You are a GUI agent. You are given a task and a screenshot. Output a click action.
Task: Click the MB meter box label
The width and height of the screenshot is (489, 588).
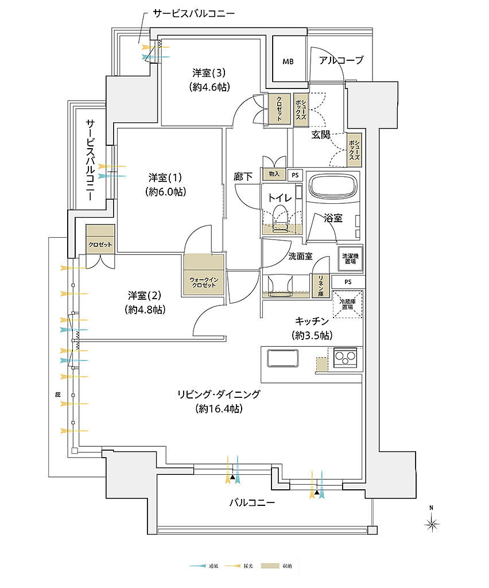(287, 61)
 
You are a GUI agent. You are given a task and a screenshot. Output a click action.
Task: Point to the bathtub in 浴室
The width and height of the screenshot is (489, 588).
(333, 188)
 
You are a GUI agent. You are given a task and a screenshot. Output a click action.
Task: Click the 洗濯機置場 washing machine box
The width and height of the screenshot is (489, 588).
(349, 258)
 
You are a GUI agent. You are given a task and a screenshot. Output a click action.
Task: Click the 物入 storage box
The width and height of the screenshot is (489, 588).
(274, 174)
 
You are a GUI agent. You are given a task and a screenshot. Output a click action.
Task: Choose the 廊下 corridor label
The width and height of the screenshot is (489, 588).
(243, 177)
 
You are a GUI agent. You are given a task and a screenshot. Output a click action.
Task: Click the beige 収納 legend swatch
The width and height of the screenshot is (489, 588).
(267, 566)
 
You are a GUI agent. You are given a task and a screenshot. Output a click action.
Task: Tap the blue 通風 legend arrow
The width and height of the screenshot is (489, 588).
(198, 566)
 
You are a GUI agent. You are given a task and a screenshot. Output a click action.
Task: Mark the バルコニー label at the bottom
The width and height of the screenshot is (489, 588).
(252, 502)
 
